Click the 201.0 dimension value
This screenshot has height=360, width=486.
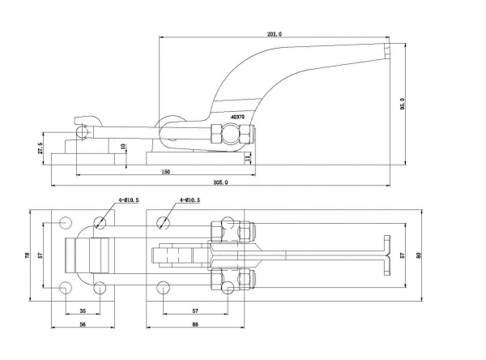coord(274,34)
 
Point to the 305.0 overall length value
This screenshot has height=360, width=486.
coord(220,182)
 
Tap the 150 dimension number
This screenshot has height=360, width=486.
coord(165,172)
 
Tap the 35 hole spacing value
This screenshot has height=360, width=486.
coord(82,311)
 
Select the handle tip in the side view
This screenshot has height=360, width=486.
coord(386,53)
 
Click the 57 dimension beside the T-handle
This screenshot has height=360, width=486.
coord(403,255)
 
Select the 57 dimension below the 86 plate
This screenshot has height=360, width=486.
coord(195,311)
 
